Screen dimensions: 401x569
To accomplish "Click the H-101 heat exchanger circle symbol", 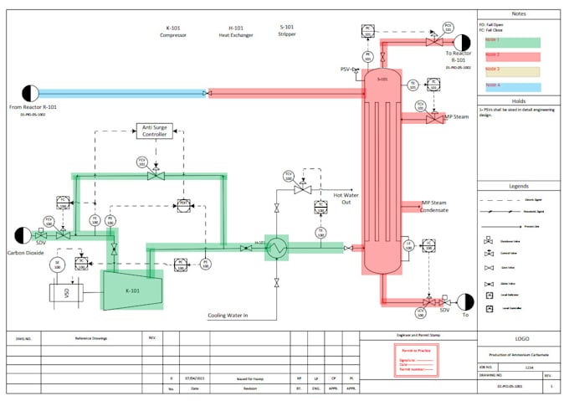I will click(x=276, y=248).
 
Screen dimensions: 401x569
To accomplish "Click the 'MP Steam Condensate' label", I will click(x=434, y=206).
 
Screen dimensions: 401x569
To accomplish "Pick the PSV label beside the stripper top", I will click(x=346, y=69).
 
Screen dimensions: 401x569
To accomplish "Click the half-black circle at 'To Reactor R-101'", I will click(x=459, y=40).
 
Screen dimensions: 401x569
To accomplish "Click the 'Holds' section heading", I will click(x=518, y=100).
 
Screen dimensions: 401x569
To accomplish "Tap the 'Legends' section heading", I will click(x=518, y=186).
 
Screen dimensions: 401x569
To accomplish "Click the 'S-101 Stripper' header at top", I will click(x=287, y=32).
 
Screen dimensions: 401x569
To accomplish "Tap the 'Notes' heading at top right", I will click(x=518, y=14).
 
